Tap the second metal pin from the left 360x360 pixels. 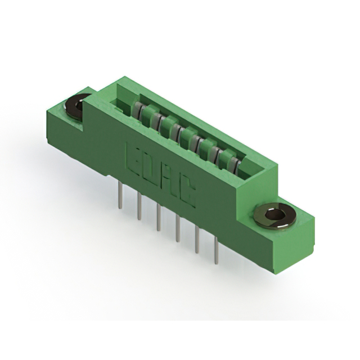[139, 206]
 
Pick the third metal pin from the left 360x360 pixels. [158, 218]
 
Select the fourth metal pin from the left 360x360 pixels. [178, 228]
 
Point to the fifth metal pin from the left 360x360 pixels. [197, 240]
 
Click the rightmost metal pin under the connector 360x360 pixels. [216, 251]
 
